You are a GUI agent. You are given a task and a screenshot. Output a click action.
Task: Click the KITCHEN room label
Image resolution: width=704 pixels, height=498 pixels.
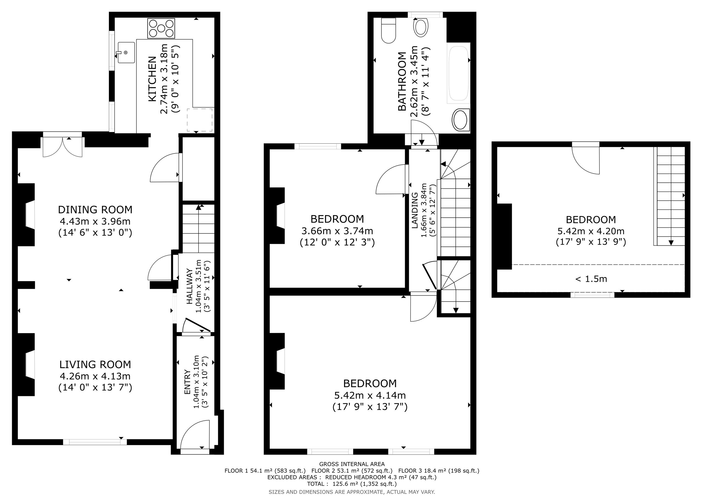[152, 79]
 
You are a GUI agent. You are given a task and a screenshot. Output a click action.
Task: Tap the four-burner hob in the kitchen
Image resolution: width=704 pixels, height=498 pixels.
[161, 28]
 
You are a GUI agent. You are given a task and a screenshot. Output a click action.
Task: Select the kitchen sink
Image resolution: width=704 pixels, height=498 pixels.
[126, 53]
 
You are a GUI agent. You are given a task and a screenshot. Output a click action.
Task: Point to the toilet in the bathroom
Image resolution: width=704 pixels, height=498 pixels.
[389, 30]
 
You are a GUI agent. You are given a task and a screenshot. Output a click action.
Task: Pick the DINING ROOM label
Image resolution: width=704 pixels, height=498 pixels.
[95, 210]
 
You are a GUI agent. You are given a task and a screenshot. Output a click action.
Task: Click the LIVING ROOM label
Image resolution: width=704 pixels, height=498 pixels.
[95, 365]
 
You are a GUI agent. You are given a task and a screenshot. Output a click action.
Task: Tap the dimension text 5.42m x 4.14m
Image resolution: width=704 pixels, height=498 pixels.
[370, 395]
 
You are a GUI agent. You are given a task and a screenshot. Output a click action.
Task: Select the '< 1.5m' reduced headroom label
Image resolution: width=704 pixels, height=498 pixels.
[591, 279]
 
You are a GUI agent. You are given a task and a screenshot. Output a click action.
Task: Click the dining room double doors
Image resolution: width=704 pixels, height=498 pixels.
[62, 147]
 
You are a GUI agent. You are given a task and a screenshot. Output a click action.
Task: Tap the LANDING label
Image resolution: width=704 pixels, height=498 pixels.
[414, 210]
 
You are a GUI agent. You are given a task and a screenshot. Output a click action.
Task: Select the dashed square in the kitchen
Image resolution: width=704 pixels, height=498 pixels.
[200, 120]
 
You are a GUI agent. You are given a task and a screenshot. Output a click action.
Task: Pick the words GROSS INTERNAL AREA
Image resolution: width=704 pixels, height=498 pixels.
[352, 464]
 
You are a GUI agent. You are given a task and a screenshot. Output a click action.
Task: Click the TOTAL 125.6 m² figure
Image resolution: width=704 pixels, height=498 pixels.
[352, 484]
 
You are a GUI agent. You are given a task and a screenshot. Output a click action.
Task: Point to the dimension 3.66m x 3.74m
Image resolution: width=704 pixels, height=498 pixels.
[337, 231]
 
